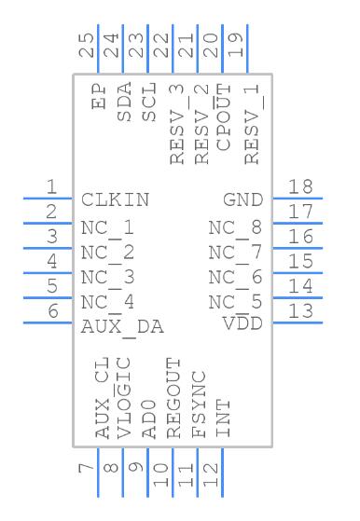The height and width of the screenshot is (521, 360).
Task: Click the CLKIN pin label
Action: pos(115,199)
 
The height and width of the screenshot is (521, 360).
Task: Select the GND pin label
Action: pos(243,199)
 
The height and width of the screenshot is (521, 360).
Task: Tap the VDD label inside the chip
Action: pos(242,323)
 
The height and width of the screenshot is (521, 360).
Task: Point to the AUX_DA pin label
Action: pos(122,327)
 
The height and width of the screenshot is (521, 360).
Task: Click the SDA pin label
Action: pos(124,102)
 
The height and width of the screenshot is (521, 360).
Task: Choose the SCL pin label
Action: pos(149,102)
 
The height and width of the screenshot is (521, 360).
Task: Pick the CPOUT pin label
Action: pos(224,117)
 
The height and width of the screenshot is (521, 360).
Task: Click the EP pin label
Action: pos(99,96)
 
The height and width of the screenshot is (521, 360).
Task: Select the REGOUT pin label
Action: pos(173,398)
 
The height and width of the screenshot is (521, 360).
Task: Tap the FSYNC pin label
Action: pos(199,404)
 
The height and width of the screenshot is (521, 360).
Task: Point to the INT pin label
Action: pos(224,418)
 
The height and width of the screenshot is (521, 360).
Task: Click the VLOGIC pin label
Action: pos(124,398)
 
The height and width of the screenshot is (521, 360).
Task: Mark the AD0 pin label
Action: pos(149,418)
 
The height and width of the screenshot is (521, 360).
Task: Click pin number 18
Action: pos(300,186)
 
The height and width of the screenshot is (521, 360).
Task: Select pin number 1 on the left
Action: pos(51,186)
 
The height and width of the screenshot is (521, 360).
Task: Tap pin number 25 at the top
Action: pos(86,46)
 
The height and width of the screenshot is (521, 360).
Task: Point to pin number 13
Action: pos(300,311)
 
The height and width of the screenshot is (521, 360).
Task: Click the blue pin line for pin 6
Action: pos(48,322)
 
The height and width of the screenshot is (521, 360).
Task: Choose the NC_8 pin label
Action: pos(235,228)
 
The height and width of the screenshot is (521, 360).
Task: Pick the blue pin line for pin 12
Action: pos(222,473)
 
